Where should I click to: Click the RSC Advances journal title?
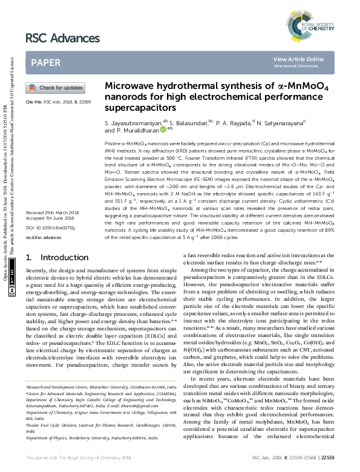[x=62, y=39]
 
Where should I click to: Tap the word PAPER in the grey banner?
[x=46, y=62]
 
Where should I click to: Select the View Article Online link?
[x=298, y=59]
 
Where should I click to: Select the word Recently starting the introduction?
[x=38, y=274]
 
